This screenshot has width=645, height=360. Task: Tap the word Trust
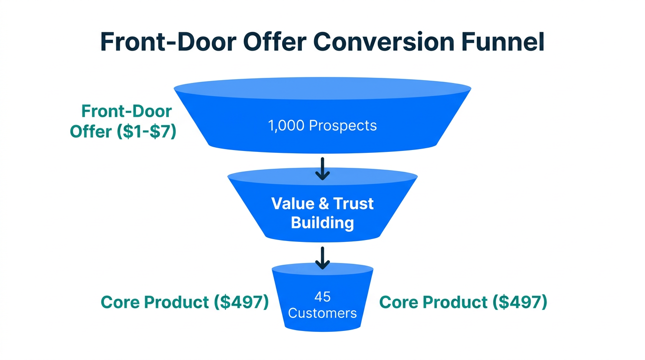(353, 203)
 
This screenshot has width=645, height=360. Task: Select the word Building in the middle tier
(322, 222)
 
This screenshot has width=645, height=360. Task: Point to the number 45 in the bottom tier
(322, 297)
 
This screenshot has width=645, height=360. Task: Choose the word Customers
(322, 313)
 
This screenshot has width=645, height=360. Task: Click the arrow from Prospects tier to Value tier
(322, 169)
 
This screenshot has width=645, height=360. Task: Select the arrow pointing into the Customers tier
(322, 258)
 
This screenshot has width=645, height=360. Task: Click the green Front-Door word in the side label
(127, 112)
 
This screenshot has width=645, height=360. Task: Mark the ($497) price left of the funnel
(241, 302)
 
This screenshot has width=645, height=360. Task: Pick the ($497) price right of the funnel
(519, 302)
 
